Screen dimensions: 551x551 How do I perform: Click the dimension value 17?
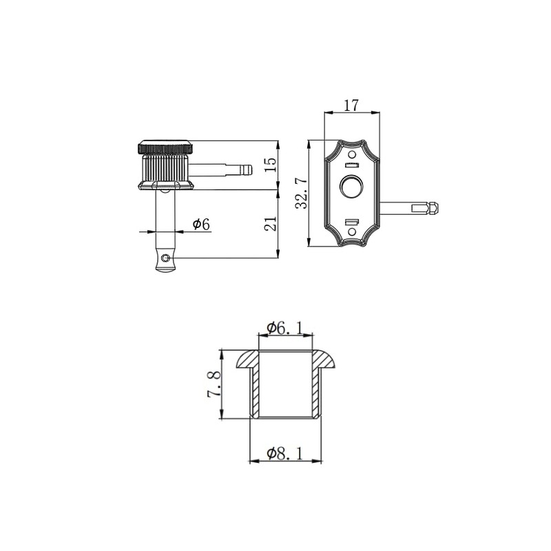[x=351, y=105]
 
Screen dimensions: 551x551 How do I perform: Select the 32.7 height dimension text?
[x=302, y=194]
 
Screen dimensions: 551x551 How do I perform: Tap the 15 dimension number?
[x=271, y=165]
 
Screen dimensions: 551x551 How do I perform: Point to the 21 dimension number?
[x=271, y=223]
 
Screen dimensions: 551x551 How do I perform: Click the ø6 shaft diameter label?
[x=201, y=225]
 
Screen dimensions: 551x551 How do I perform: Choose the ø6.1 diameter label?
[x=284, y=329]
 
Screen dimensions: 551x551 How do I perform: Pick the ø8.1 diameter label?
[x=284, y=453]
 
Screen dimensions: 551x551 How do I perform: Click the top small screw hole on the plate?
[x=352, y=154]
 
